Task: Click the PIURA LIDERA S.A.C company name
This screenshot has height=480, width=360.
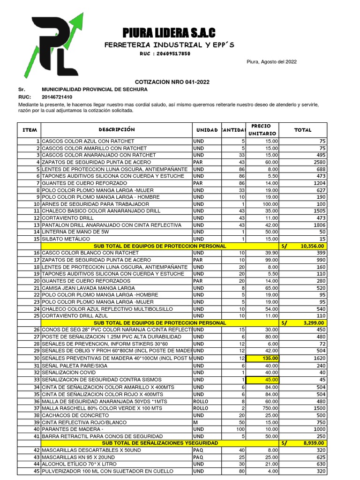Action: (x=169, y=33)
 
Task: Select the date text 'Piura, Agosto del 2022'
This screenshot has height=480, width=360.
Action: (x=271, y=62)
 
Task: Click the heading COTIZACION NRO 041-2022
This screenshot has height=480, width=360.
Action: (x=172, y=82)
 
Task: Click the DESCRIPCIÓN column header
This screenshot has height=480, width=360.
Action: (x=116, y=129)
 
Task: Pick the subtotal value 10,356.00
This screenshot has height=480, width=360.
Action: (x=312, y=246)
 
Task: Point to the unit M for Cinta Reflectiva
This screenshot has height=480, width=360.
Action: (x=195, y=422)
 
